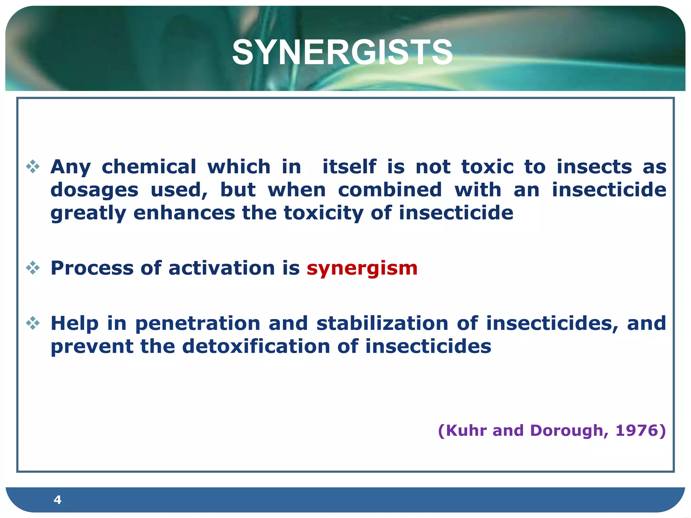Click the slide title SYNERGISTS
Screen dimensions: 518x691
[342, 52]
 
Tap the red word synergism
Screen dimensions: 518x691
[362, 268]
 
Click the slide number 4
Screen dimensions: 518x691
[57, 499]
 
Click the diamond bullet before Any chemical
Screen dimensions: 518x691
[33, 167]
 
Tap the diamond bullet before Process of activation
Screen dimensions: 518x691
[33, 268]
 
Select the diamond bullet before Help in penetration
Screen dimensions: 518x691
[33, 323]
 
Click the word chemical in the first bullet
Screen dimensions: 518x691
[149, 167]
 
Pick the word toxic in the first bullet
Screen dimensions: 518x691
[487, 167]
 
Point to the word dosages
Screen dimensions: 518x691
[94, 190]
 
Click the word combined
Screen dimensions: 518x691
[390, 190]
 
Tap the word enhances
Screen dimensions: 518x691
[184, 213]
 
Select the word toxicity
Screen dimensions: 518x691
[324, 213]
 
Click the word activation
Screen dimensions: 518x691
[221, 268]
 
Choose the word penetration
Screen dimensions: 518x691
[198, 323]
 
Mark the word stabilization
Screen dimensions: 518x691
[382, 323]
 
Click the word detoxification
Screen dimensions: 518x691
[256, 346]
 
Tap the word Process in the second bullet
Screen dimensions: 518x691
[92, 268]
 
